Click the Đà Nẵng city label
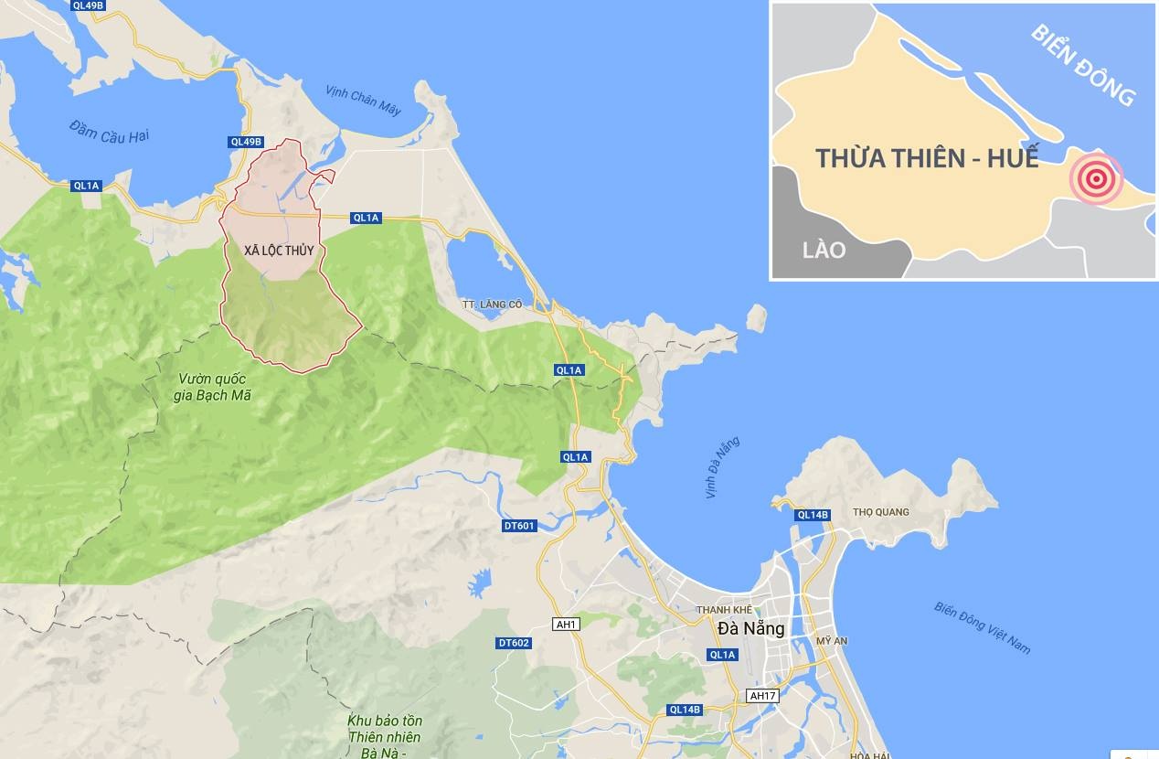(750, 629)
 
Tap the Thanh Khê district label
(724, 610)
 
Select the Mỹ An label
(831, 642)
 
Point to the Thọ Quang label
(880, 512)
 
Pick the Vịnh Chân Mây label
(363, 100)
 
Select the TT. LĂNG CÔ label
(492, 304)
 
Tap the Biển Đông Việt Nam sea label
(982, 627)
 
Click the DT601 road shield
(518, 526)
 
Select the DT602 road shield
(515, 643)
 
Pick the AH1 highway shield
(567, 625)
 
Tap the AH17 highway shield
(761, 696)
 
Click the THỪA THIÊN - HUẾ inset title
(927, 157)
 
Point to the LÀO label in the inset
(824, 249)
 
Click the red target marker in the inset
(1095, 178)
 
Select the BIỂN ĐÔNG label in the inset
(1083, 64)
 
